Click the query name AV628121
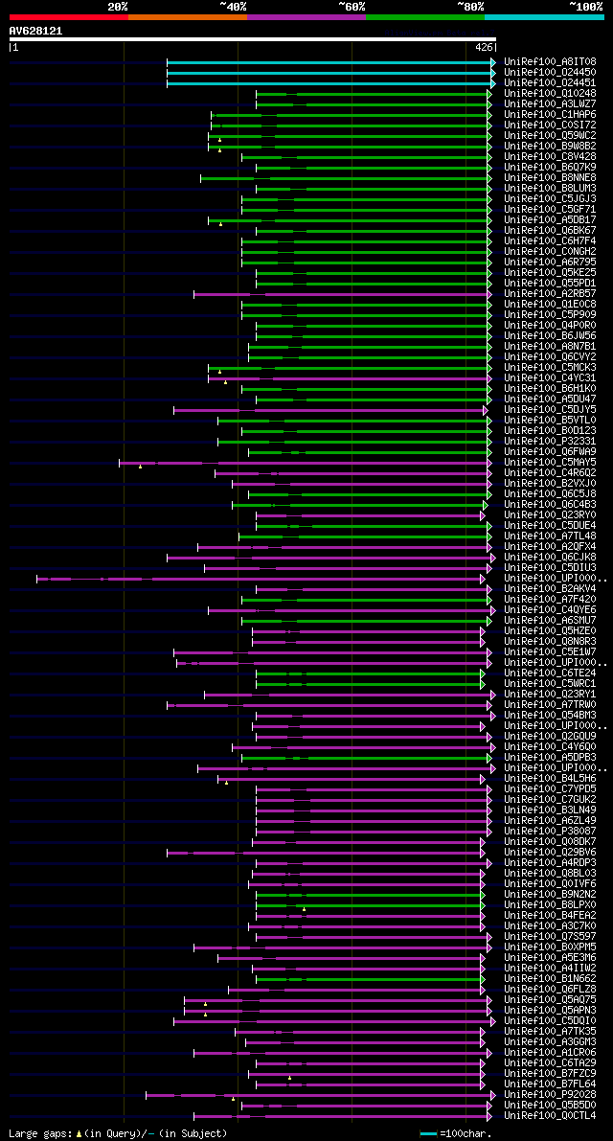tap(35, 31)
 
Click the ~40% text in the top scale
tap(233, 7)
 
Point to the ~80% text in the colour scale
tap(470, 7)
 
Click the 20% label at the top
tap(118, 7)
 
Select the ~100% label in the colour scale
tap(585, 7)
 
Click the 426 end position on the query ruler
tap(484, 47)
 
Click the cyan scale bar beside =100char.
tap(428, 1134)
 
